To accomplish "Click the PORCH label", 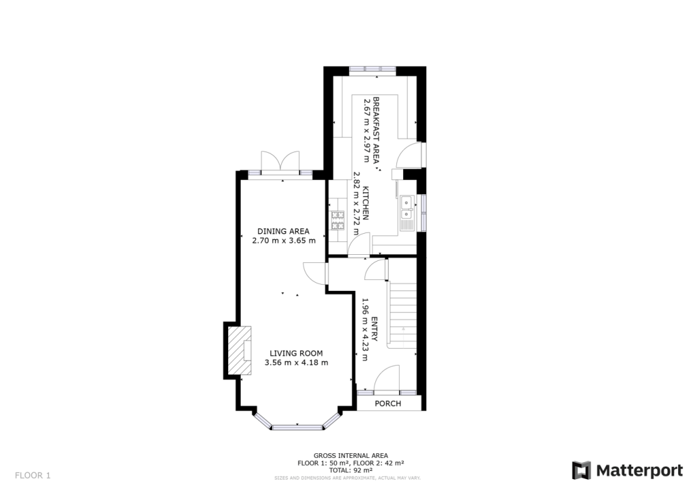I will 388,404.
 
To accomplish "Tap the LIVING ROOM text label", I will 296,353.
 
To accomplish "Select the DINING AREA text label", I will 283,231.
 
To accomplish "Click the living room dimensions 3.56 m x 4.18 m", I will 296,363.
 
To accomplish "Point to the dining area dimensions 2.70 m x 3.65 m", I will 283,241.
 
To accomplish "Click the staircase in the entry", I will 401,313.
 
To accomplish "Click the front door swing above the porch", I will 388,378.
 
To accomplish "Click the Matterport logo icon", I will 581,470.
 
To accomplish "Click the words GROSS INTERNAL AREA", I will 350,455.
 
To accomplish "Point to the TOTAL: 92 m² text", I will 350,470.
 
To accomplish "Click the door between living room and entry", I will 314,273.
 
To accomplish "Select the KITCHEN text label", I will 365,203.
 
